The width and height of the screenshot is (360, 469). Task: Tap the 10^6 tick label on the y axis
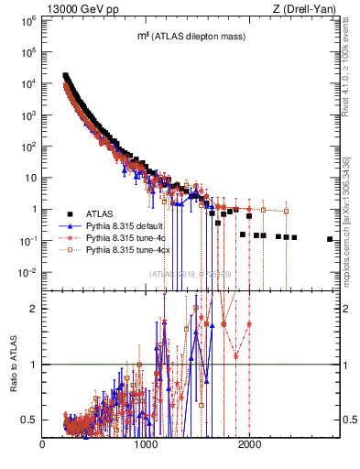point(27,19)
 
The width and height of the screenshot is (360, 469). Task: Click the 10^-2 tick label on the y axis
point(27,272)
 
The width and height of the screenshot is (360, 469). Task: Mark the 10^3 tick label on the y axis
point(27,115)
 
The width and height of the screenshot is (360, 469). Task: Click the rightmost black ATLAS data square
point(330,239)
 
